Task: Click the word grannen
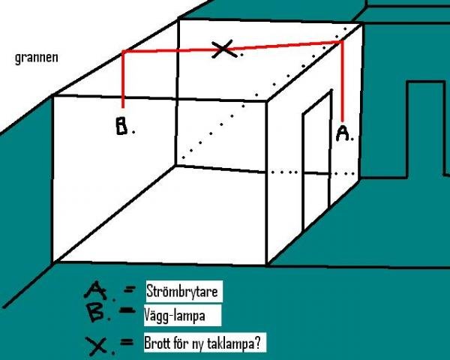37,58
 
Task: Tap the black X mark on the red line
224,49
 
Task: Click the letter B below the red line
121,125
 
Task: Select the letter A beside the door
343,133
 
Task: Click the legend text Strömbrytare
182,292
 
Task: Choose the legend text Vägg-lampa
175,315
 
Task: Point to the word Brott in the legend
157,342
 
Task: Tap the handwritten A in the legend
95,290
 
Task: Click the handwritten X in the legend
97,346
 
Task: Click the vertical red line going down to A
342,82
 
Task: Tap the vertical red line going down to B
123,79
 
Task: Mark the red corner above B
124,52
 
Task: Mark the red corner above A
342,42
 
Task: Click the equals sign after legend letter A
130,290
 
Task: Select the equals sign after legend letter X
127,342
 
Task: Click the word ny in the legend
198,343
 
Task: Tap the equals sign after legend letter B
127,310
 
